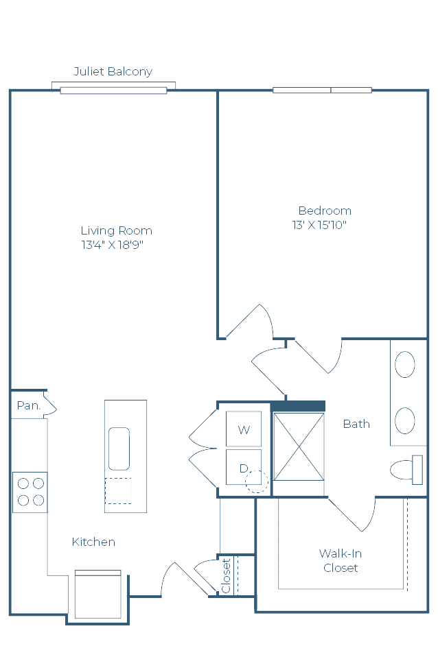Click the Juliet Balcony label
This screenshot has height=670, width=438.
113,71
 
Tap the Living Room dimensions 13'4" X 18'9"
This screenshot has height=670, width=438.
112,245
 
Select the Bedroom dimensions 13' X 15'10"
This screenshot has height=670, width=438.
319,225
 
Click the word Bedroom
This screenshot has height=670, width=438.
325,211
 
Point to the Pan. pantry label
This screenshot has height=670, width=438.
28,405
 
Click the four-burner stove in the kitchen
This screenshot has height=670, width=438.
30,492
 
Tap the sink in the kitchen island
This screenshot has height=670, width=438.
119,448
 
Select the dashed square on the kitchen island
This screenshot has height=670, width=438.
118,491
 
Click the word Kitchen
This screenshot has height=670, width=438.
93,542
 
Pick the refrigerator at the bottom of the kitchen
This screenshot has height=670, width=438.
98,594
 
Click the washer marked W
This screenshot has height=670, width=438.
244,429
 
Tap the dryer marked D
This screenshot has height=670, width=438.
244,467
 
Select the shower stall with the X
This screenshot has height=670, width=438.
299,446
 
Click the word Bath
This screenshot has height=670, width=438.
356,424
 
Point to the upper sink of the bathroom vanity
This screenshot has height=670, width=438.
404,364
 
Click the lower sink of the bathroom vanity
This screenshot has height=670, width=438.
404,420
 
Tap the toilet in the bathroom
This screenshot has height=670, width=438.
406,470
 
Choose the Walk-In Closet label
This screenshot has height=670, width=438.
341,560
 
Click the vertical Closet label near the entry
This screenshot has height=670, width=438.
226,575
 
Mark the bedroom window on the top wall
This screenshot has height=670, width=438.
322,90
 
